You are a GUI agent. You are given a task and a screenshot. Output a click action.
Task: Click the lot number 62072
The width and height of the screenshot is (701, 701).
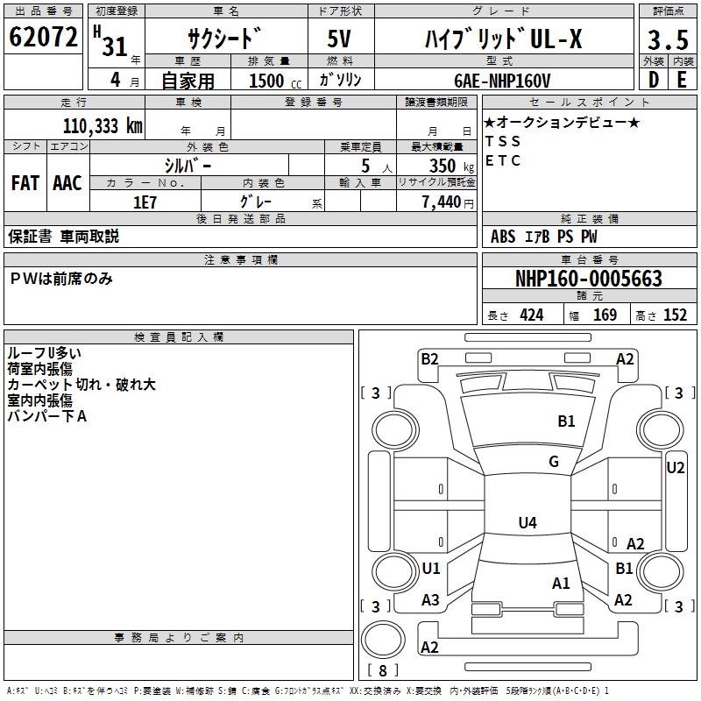tap(43, 37)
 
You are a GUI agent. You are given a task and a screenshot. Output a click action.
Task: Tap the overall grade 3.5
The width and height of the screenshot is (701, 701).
tap(668, 39)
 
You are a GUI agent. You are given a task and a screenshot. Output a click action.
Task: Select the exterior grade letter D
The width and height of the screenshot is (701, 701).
tap(654, 80)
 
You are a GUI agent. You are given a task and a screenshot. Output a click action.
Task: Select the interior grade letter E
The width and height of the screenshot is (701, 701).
tap(682, 80)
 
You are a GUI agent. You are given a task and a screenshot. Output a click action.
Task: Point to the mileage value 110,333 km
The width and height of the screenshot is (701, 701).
tap(103, 126)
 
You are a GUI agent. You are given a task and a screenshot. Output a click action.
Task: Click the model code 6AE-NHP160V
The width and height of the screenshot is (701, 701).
tap(502, 81)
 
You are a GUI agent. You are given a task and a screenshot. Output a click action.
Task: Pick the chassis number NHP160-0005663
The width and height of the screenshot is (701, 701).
tap(589, 279)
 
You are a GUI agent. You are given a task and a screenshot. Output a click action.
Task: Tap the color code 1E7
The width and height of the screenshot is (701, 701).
tap(145, 202)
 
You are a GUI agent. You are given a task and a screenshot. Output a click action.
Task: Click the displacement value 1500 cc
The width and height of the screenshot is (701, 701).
tap(275, 81)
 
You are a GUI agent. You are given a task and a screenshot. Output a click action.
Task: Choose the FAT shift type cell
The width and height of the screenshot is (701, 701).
tap(25, 183)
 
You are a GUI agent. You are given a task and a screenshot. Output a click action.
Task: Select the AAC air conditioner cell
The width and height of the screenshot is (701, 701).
tap(67, 183)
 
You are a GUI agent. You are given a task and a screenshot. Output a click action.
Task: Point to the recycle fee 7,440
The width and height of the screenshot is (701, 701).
tap(442, 202)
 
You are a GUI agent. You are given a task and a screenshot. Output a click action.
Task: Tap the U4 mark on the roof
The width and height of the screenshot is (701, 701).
tap(528, 522)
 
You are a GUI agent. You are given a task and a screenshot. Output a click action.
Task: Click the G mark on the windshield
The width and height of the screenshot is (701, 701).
tap(554, 462)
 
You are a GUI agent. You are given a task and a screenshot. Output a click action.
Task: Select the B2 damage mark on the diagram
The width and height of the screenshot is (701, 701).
tap(429, 359)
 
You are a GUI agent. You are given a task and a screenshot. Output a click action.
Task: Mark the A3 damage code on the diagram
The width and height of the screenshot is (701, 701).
tap(430, 600)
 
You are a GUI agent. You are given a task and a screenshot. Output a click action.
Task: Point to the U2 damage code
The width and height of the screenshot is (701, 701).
tap(676, 468)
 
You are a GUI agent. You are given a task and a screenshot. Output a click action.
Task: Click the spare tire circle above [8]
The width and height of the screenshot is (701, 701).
tap(383, 640)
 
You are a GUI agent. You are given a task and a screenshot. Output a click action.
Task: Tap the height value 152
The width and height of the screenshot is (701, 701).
tap(675, 315)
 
